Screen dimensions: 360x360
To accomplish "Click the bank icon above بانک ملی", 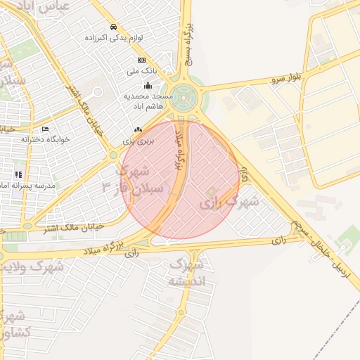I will tap(142, 60).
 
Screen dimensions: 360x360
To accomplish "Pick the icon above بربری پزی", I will tap(138, 130).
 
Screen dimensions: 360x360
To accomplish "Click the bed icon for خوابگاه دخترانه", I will tap(46, 129).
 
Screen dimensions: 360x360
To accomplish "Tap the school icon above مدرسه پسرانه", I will tap(19, 174).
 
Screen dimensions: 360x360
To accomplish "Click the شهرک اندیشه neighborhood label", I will tap(187, 274).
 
